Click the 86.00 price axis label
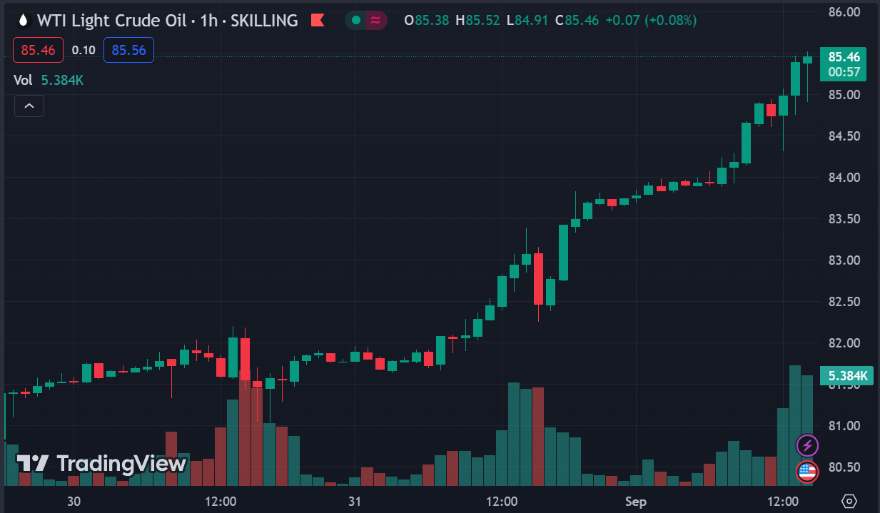pyautogui.click(x=843, y=11)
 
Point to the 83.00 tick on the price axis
pyautogui.click(x=843, y=260)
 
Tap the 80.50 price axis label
pyautogui.click(x=843, y=467)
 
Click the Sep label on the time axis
pyautogui.click(x=635, y=502)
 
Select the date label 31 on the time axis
pyautogui.click(x=355, y=502)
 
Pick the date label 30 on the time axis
pyautogui.click(x=74, y=502)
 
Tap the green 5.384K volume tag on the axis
pyautogui.click(x=847, y=375)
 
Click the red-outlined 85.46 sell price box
pyautogui.click(x=39, y=50)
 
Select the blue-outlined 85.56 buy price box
pyautogui.click(x=128, y=50)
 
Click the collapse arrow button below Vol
pyautogui.click(x=29, y=106)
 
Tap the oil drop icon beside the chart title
pyautogui.click(x=24, y=21)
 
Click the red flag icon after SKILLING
pyautogui.click(x=318, y=21)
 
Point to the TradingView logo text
pyautogui.click(x=102, y=464)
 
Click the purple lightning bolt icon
pyautogui.click(x=807, y=446)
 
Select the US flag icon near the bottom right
pyautogui.click(x=807, y=471)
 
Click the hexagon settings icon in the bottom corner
pyautogui.click(x=849, y=501)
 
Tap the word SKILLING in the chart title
pyautogui.click(x=264, y=21)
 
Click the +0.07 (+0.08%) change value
pyautogui.click(x=650, y=21)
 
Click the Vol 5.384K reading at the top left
pyautogui.click(x=49, y=80)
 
